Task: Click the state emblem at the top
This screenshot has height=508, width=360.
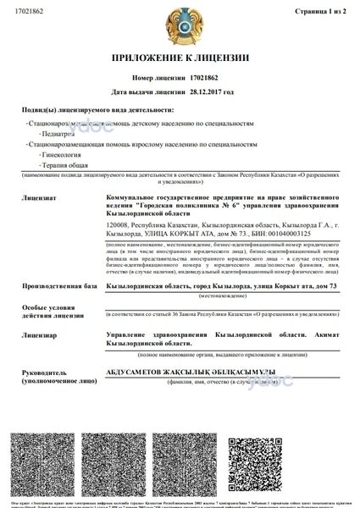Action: click(180, 25)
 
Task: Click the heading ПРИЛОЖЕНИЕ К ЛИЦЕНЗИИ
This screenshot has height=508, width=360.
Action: click(180, 57)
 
